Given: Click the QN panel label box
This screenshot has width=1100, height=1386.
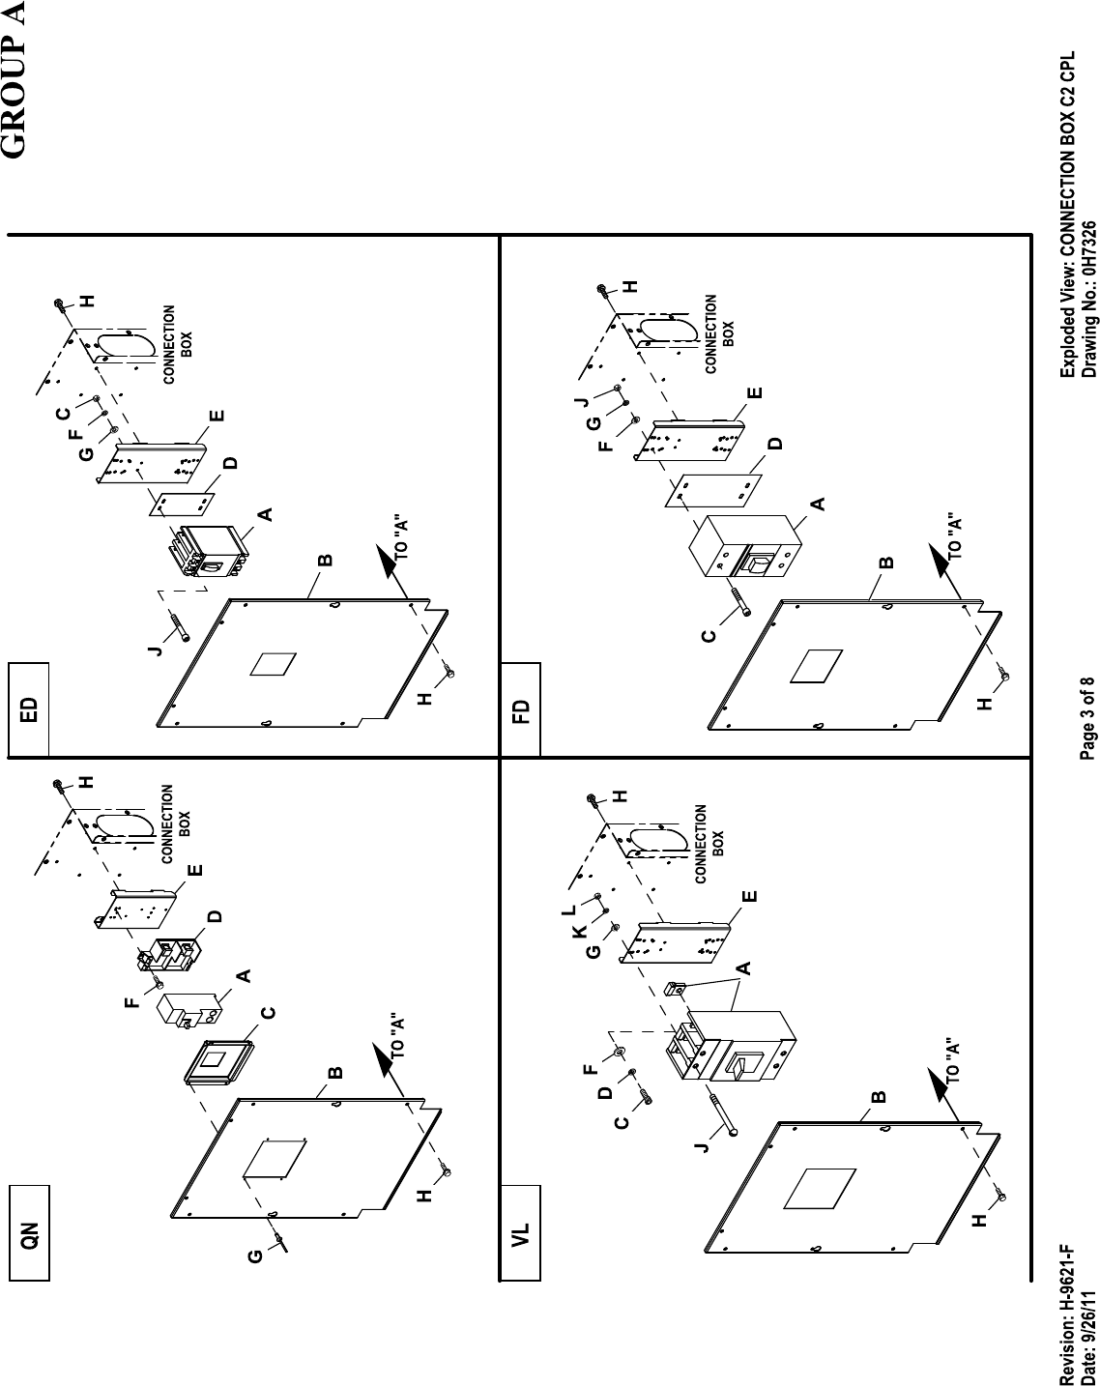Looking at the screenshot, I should (29, 1234).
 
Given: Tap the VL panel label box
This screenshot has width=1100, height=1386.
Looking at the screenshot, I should (520, 1234).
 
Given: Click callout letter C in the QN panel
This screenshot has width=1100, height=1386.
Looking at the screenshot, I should (268, 1014).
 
